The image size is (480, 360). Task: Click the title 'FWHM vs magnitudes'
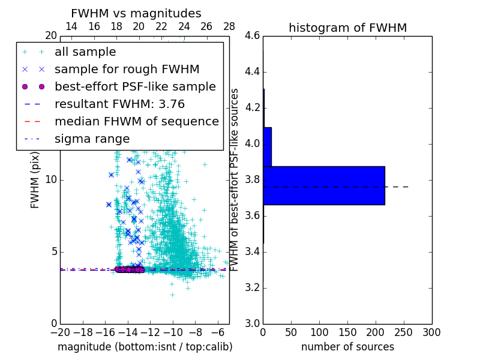click(x=136, y=13)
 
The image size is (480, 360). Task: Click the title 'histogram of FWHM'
click(x=347, y=28)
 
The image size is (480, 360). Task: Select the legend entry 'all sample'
click(x=85, y=52)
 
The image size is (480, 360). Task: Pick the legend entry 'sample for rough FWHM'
click(x=127, y=69)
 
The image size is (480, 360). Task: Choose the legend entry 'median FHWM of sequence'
click(x=136, y=121)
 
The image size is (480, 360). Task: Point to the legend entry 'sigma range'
click(x=92, y=139)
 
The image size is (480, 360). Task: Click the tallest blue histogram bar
click(x=323, y=185)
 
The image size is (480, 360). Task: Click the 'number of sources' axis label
click(x=347, y=347)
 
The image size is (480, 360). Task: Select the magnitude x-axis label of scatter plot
click(x=145, y=347)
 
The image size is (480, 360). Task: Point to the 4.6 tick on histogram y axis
click(x=252, y=36)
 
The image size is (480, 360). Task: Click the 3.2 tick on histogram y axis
click(x=252, y=287)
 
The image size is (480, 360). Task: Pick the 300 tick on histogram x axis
click(x=431, y=332)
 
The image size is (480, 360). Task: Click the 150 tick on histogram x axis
click(x=347, y=332)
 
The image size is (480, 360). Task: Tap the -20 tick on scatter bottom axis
click(x=60, y=332)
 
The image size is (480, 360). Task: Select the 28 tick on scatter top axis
click(x=229, y=26)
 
